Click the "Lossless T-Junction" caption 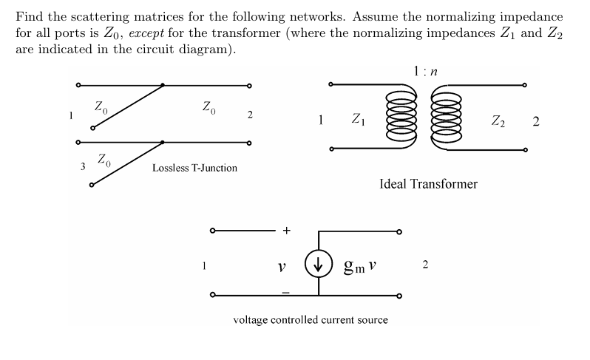tap(194, 168)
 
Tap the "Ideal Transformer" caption tap(428, 184)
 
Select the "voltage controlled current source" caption tap(310, 320)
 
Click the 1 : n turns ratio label tap(425, 72)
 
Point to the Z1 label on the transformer tap(358, 118)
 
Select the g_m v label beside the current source tap(360, 265)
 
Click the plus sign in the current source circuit tap(286, 231)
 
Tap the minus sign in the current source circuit tap(285, 293)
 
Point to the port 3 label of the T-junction tap(83, 165)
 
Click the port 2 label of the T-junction tap(250, 115)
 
